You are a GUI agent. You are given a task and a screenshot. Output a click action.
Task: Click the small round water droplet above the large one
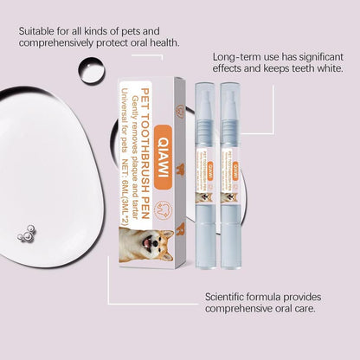pos(90,69)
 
